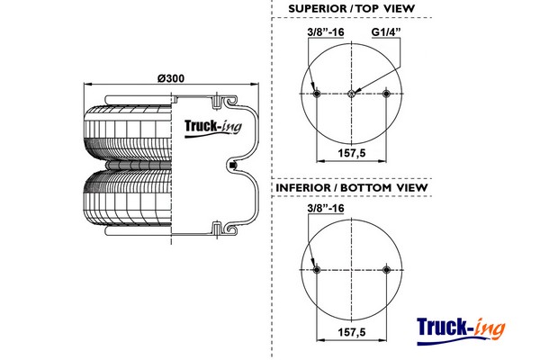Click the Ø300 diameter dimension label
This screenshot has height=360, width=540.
tap(170, 77)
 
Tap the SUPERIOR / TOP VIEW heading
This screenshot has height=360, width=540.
tap(352, 9)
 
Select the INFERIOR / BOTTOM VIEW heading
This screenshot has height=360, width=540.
tap(352, 187)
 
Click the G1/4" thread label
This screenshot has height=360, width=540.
tap(386, 33)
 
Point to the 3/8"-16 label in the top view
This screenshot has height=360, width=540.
tap(326, 33)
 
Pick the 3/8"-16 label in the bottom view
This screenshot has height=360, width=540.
tap(326, 209)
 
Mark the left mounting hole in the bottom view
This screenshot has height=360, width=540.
tap(316, 269)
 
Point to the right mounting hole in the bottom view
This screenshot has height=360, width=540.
tap(387, 269)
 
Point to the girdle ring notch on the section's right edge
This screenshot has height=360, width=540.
tap(233, 165)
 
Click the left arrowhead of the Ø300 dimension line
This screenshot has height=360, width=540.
tap(86, 85)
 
